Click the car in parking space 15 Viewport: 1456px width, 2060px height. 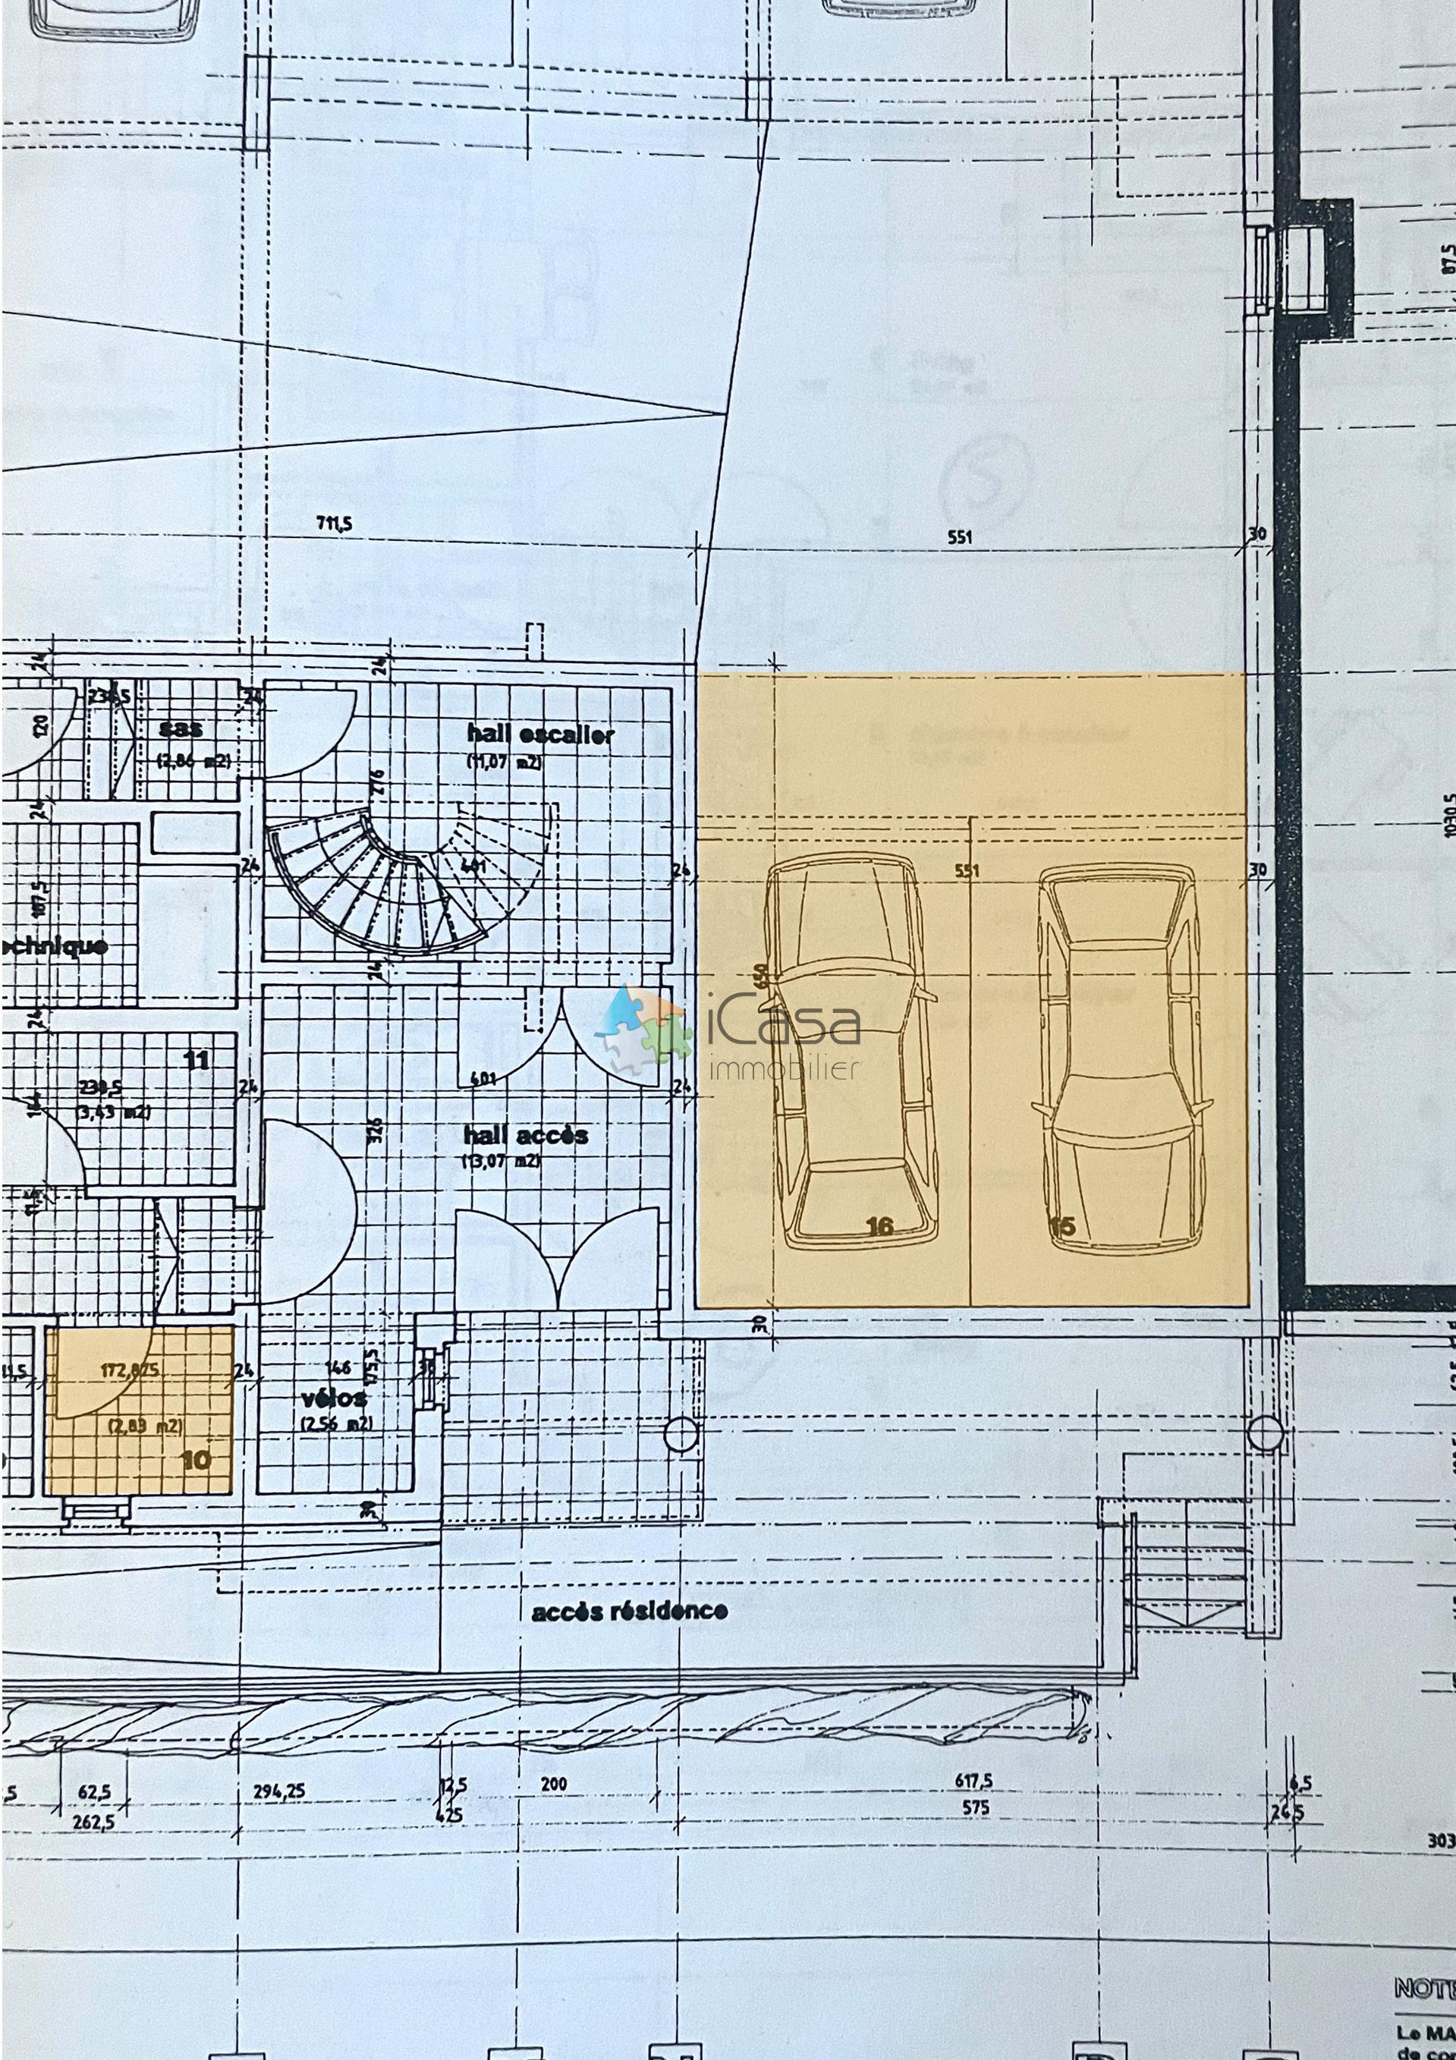(x=1121, y=1058)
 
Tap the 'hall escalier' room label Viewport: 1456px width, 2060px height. (x=540, y=734)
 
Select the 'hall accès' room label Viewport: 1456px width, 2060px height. (x=526, y=1135)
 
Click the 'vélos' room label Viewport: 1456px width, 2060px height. (x=334, y=1398)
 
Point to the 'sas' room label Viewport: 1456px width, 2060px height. (x=181, y=728)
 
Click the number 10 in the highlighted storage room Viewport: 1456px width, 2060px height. (x=196, y=1460)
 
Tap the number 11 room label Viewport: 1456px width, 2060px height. (x=196, y=1060)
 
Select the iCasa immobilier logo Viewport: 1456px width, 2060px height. (x=727, y=1032)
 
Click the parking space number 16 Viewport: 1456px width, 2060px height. (x=880, y=1225)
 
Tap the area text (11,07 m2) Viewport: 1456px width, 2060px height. (x=503, y=762)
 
